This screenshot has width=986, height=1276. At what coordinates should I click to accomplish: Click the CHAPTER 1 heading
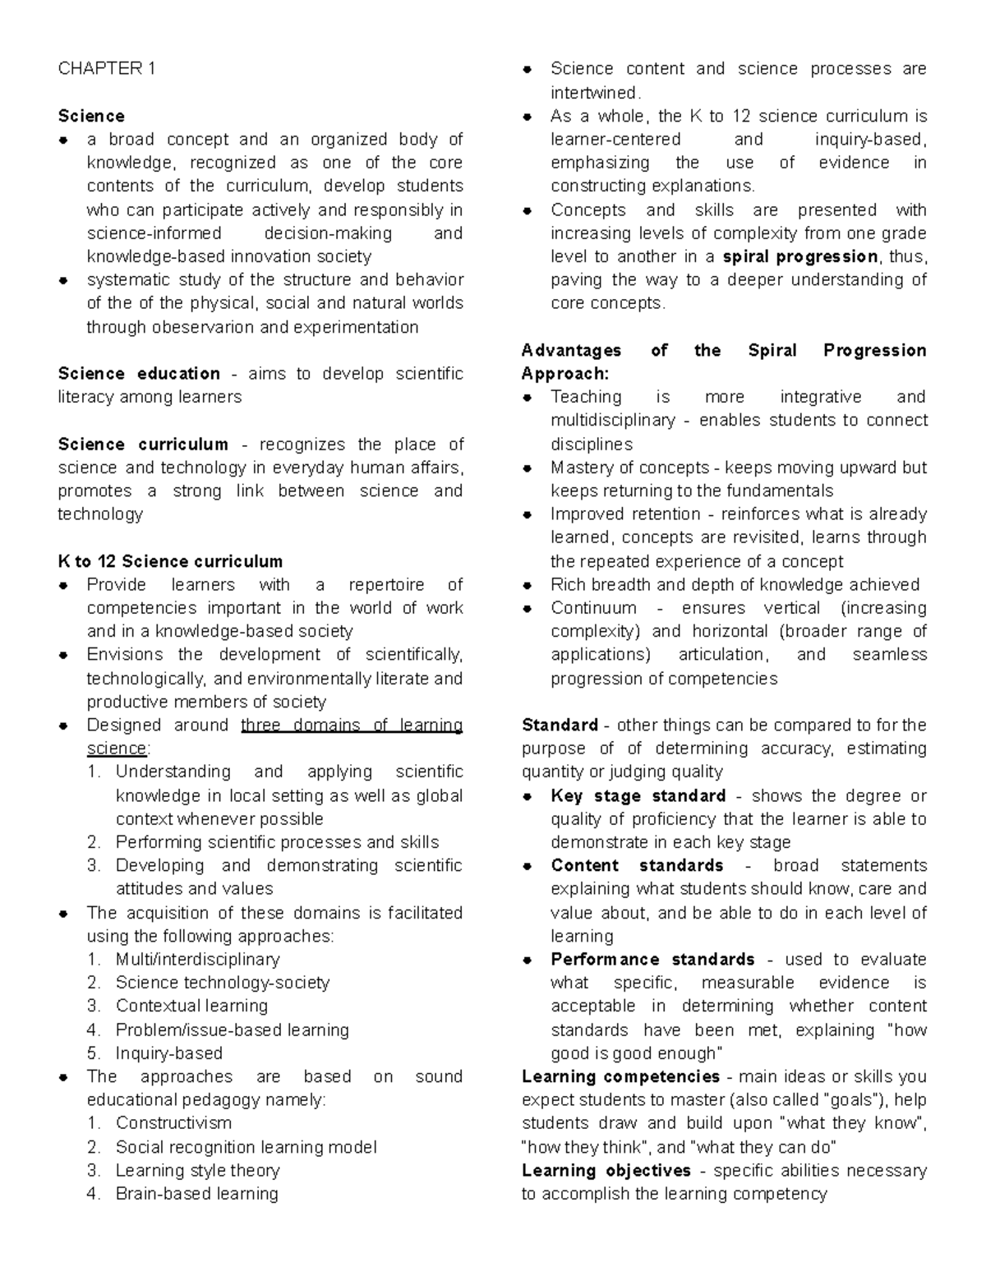pos(106,68)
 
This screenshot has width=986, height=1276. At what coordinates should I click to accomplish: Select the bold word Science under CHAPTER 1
pos(91,116)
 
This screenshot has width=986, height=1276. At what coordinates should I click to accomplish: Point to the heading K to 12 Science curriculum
pos(170,562)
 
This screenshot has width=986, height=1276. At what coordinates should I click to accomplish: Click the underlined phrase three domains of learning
pos(352,726)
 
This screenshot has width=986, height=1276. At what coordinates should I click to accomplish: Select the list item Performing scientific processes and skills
pos(277,842)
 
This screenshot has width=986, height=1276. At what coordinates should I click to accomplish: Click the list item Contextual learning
pos(191,1006)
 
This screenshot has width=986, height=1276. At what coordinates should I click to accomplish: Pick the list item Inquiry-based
pos(169,1053)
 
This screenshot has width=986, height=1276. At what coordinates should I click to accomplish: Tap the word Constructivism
pos(173,1123)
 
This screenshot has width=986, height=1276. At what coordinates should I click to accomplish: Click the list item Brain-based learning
pos(196,1194)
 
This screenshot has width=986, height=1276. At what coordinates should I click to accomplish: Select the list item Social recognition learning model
pos(246,1147)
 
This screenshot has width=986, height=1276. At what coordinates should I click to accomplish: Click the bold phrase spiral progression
pos(799,256)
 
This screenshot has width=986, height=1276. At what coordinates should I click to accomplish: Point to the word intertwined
pos(593,92)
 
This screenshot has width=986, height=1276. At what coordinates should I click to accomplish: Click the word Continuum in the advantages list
pos(593,608)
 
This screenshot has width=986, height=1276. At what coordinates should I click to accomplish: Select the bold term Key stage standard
pos(638,796)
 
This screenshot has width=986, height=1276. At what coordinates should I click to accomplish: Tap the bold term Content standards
pos(637,866)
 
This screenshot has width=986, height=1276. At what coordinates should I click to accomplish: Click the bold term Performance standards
pos(652,960)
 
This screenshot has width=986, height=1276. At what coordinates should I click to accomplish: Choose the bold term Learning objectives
pos(606,1171)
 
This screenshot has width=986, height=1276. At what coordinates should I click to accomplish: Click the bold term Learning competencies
pos(620,1077)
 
